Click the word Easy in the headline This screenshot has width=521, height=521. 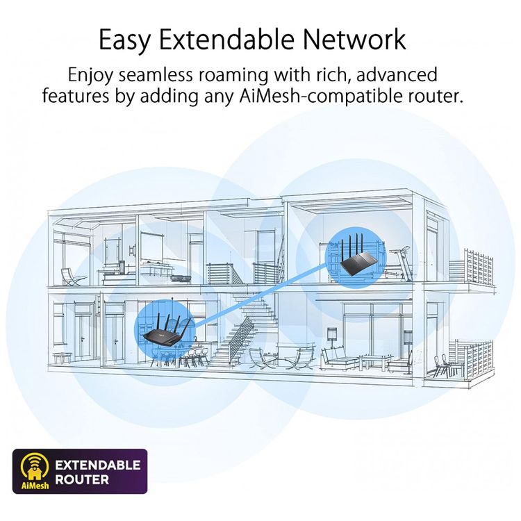[x=125, y=40]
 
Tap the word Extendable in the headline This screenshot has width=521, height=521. [x=227, y=39]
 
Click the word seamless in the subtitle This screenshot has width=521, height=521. [x=156, y=75]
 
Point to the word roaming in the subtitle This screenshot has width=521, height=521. [x=233, y=76]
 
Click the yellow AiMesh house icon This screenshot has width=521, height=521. [x=35, y=466]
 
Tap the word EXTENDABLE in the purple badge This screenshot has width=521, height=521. [x=98, y=465]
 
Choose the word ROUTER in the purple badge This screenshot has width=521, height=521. [x=82, y=479]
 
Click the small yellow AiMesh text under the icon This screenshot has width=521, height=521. [x=35, y=486]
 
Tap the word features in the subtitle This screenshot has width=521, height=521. [x=76, y=96]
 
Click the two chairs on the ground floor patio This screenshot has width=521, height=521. [x=442, y=365]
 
